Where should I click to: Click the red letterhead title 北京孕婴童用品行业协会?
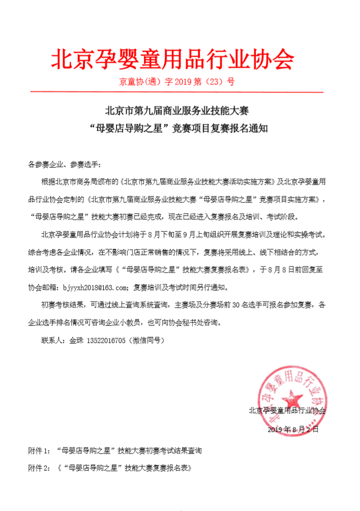tap(173, 59)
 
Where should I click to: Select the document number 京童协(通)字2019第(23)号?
tap(176, 81)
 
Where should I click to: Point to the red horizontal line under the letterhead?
tap(176, 92)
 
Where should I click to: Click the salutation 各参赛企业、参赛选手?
tap(65, 165)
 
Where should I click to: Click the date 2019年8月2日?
tap(293, 430)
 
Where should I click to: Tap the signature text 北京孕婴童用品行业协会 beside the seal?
tap(287, 410)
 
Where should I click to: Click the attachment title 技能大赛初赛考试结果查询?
tap(160, 450)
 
